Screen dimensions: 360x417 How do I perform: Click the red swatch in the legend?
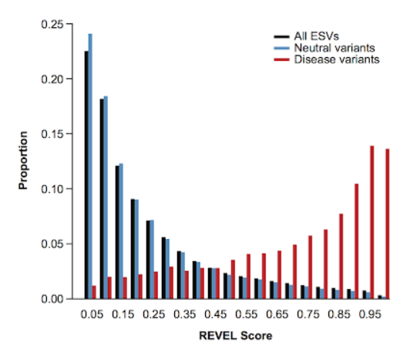(281, 59)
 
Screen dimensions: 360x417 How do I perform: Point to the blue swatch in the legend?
(281, 48)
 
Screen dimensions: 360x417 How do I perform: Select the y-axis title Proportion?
(25, 160)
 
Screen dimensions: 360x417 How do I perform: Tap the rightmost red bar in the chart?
(388, 224)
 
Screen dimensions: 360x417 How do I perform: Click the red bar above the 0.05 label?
(95, 292)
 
